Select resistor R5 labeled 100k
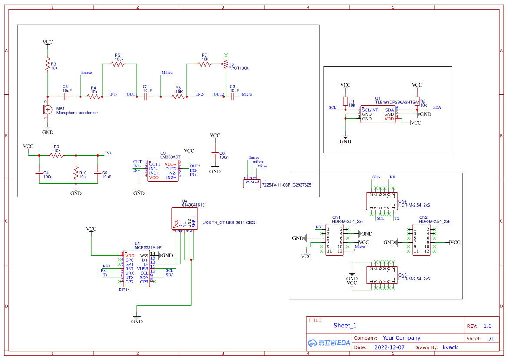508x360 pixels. click(117, 64)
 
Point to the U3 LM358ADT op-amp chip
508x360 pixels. click(162, 171)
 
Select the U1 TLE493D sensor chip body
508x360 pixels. click(378, 114)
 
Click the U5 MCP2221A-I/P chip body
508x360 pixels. click(137, 269)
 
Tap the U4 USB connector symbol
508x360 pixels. click(184, 218)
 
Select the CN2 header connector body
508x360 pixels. click(421, 240)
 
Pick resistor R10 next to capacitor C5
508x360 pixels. click(76, 173)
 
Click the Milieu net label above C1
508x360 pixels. click(167, 73)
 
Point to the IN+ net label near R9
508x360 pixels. click(108, 153)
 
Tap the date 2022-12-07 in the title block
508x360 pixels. click(389, 347)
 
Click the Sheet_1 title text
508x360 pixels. click(345, 325)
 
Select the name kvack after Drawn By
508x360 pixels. click(450, 347)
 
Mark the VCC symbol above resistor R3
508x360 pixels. click(47, 43)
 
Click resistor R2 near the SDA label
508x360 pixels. click(417, 101)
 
